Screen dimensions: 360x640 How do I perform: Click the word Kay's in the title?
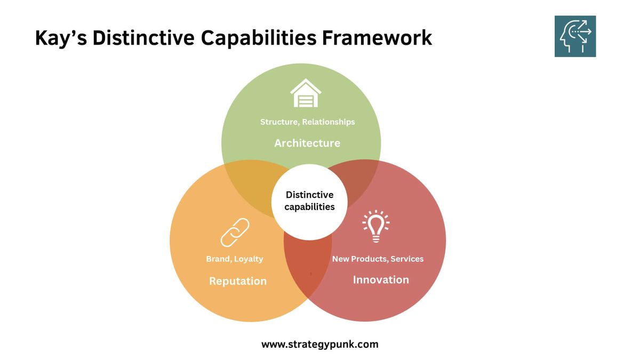pos(60,38)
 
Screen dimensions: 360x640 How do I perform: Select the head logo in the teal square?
pos(575,36)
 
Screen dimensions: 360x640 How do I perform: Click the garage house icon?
pos(306,93)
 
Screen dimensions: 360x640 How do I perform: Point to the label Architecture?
pos(307,143)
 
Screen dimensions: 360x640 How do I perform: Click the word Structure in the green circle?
pos(279,122)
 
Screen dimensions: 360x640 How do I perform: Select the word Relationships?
pos(329,122)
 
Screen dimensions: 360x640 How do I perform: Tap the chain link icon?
pos(235,233)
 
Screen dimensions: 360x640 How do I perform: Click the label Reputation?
pos(238,281)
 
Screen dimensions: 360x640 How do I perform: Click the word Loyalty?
pos(249,259)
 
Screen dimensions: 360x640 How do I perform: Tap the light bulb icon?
pos(376,226)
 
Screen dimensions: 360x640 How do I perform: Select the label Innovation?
pos(381,279)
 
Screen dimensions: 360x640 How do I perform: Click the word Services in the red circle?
pos(407,259)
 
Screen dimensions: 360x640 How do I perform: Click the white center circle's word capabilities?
pos(309,207)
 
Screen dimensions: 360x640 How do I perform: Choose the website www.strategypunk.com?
pos(320,344)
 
